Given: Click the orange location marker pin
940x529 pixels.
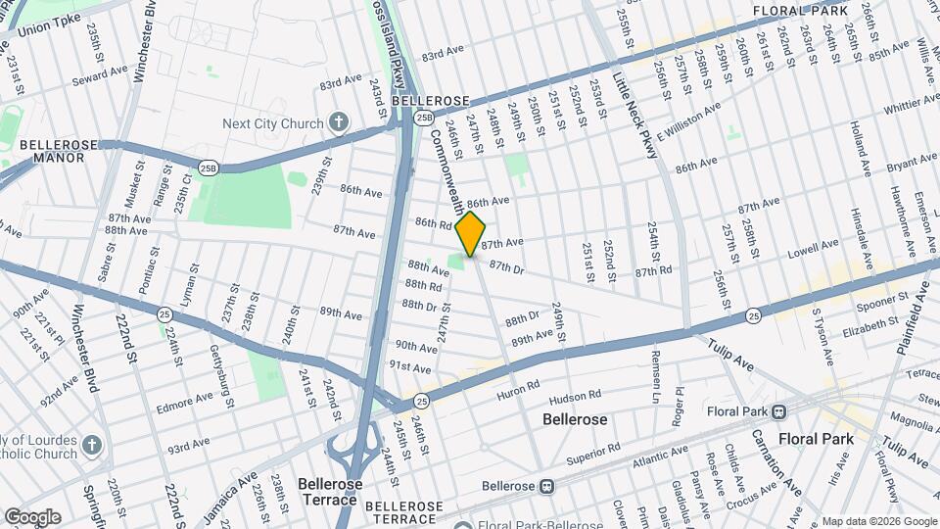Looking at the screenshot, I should pos(471,233).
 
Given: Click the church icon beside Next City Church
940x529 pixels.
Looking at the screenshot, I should pos(339,122).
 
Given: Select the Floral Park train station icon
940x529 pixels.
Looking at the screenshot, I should pos(778,411).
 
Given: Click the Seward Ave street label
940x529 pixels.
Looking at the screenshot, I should pos(107,71).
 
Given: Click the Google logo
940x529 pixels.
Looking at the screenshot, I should pos(32,517).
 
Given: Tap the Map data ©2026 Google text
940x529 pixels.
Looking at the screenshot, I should pos(878,521).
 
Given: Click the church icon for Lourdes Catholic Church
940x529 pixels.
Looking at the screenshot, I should pos(92,446).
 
